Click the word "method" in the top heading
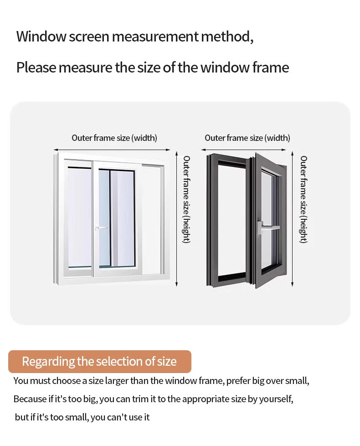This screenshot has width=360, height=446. point(226,36)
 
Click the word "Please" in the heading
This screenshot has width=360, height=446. point(36,67)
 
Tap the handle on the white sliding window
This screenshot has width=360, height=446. point(101,228)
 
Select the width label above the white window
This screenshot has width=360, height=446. point(114,138)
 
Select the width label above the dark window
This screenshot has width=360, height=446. point(247,138)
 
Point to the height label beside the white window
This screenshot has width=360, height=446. point(186,199)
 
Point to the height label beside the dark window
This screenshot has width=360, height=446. point(303,199)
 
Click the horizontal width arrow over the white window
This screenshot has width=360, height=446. point(112,150)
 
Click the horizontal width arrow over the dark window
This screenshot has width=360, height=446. point(243,150)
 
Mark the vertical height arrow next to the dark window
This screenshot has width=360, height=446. point(293,219)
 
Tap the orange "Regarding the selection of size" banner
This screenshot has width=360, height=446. point(99,362)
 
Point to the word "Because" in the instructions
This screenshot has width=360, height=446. point(30,399)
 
